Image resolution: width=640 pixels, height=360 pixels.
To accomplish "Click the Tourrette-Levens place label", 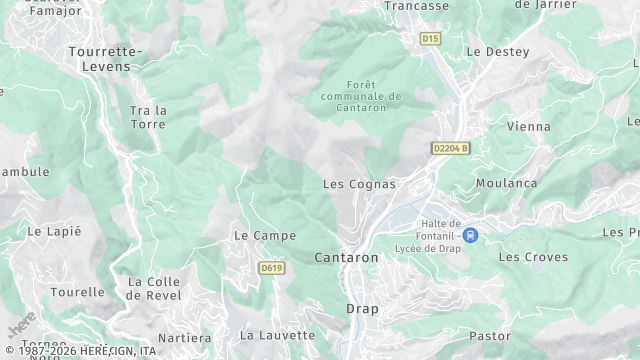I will [x=106, y=57].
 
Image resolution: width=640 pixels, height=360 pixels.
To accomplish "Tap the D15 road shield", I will [x=430, y=39].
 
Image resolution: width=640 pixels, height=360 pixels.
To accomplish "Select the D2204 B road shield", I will [x=450, y=148].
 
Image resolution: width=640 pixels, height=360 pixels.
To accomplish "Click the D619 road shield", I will [x=270, y=268].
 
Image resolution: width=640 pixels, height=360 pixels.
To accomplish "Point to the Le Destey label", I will [x=492, y=51].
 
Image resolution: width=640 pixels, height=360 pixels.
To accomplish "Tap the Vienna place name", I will [x=529, y=127].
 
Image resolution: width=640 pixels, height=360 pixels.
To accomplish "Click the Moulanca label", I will [x=506, y=183].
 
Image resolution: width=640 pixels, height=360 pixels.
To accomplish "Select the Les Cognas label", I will [x=359, y=184].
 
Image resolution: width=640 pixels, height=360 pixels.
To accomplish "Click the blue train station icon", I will [x=471, y=235].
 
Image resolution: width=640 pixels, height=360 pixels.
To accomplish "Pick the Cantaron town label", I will [x=347, y=257].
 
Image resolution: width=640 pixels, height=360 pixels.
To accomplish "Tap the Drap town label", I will [x=363, y=308].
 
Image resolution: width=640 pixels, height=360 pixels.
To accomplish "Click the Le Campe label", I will [x=265, y=236].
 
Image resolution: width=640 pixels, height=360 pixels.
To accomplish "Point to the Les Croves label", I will [x=533, y=257].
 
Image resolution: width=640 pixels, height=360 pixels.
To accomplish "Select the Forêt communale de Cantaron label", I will [x=361, y=96].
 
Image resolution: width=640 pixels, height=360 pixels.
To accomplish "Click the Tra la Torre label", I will [x=148, y=117].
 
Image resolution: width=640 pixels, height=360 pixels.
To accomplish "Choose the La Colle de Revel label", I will [x=154, y=288].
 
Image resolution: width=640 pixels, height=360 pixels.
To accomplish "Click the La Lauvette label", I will [x=278, y=335].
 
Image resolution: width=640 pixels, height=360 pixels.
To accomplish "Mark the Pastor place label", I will [x=489, y=336].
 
